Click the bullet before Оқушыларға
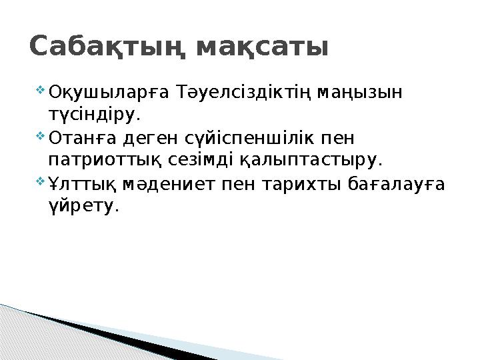pyautogui.click(x=40, y=89)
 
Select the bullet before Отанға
pyautogui.click(x=40, y=137)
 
